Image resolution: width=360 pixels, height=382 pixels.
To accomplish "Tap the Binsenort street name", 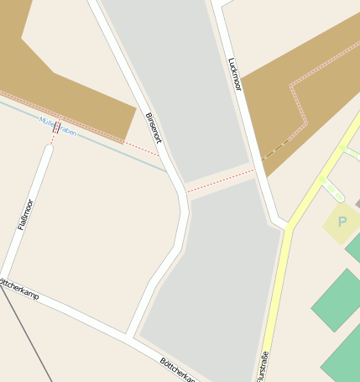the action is (152, 128).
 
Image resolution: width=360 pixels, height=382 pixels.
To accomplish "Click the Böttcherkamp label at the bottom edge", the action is (178, 369).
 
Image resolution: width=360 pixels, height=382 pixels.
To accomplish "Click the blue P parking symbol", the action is (342, 222).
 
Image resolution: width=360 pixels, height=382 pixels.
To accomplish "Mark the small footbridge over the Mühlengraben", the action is (56, 128).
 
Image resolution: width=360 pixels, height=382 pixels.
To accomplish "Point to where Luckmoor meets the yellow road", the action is (285, 225).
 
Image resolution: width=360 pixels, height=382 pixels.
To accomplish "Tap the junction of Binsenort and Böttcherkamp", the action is (130, 336).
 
